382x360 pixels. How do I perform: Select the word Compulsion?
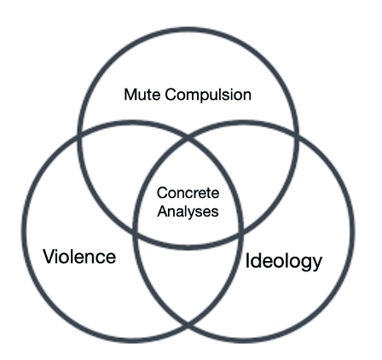pos(208,95)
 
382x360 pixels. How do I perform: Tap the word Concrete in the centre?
pos(188,193)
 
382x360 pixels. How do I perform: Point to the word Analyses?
pos(188,212)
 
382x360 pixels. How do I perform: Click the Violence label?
pos(79,256)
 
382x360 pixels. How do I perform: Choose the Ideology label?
pos(284,261)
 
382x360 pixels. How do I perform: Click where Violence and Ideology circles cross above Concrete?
pos(188,138)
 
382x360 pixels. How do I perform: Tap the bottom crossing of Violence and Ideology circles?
pos(188,324)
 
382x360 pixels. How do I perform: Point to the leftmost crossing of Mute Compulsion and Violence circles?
pos(79,136)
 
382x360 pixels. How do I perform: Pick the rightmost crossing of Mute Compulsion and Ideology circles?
pos(297,136)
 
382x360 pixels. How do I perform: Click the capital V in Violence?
pos(49,256)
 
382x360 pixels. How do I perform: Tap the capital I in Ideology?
pos(247,260)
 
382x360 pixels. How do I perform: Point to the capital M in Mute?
pos(130,95)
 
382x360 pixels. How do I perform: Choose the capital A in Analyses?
pos(164,212)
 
